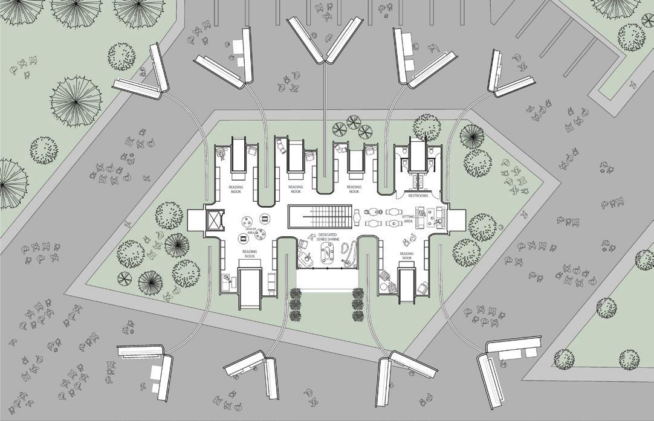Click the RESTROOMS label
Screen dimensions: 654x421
tap(418, 196)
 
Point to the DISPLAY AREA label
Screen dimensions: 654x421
tap(250, 231)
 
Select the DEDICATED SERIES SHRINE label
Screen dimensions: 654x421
tap(327, 237)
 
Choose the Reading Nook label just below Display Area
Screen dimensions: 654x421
tap(250, 254)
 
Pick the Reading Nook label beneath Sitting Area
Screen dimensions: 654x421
tap(407, 255)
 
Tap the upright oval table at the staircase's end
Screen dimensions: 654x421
tap(357, 215)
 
